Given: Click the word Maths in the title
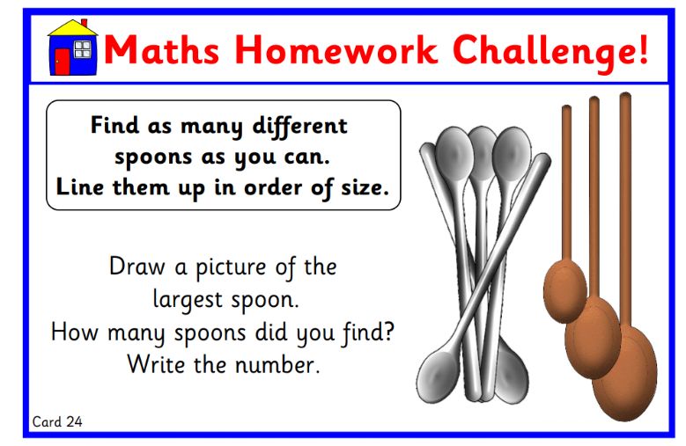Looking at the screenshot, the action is point(161,50).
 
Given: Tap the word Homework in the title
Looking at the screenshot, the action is point(336,50).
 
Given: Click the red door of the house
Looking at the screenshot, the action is point(63,62).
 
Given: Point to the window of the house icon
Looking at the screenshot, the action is point(82,49).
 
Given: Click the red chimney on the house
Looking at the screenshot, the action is point(85,23).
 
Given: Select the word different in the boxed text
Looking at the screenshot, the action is point(299,127).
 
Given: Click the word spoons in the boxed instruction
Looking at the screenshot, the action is point(153,158).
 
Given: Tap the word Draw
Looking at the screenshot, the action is point(137,267).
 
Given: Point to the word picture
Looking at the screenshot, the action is point(231,268).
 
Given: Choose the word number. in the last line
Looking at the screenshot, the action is point(278,365).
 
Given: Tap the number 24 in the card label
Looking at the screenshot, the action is point(74,421).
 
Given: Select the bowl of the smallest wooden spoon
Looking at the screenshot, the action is point(564,291).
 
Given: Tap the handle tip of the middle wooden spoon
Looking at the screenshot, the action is point(594,99).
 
